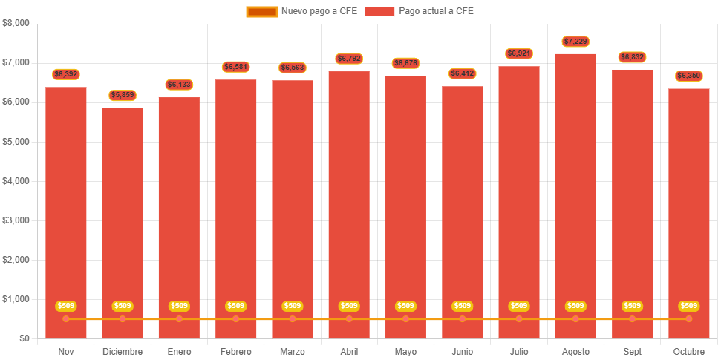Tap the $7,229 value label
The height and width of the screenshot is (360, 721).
click(x=575, y=42)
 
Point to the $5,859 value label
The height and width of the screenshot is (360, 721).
click(x=123, y=96)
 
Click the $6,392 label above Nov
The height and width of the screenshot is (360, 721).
click(x=66, y=74)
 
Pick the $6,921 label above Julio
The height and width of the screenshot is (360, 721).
click(x=519, y=53)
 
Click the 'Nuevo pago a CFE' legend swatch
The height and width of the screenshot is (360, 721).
click(x=261, y=11)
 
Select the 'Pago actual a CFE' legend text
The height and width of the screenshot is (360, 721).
click(x=436, y=11)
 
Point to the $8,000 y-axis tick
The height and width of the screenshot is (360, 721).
click(x=16, y=23)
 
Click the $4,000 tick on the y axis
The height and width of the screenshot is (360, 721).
click(x=16, y=181)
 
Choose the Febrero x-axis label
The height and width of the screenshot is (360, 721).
click(x=236, y=351)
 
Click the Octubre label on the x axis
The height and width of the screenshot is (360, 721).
click(x=689, y=351)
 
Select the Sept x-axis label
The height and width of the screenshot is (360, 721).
click(x=633, y=351)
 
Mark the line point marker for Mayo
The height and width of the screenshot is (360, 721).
click(x=405, y=319)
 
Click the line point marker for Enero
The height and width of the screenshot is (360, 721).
click(x=179, y=319)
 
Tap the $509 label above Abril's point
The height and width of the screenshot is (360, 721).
click(x=349, y=306)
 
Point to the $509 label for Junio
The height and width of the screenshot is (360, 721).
click(x=463, y=306)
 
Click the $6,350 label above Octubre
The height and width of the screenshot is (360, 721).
click(x=689, y=76)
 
